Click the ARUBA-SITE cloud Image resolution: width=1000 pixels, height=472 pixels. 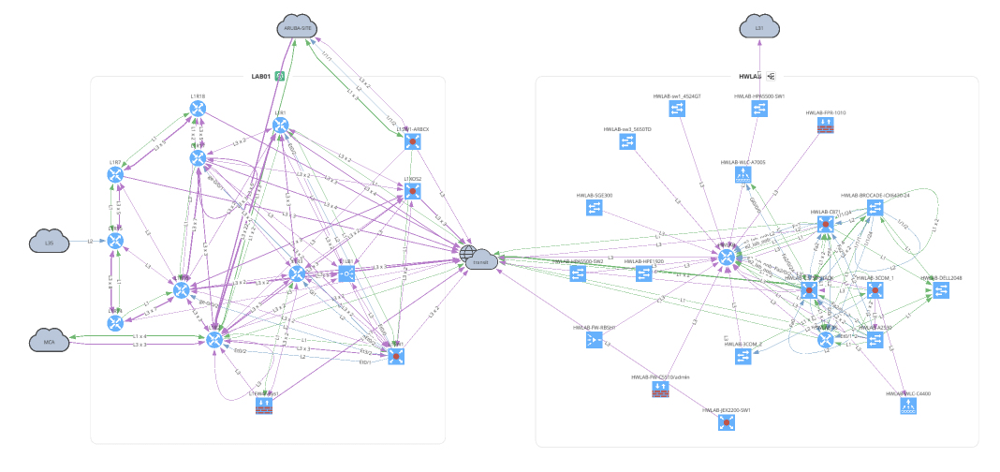[x=299, y=28]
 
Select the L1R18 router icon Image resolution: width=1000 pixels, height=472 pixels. [x=198, y=110]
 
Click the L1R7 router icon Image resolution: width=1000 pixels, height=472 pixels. [x=115, y=176]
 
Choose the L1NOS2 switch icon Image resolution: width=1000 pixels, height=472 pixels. [x=411, y=192]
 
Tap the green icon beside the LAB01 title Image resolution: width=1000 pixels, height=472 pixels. [x=278, y=76]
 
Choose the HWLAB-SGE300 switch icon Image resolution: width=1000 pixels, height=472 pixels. [x=594, y=209]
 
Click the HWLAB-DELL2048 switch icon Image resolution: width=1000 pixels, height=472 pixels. [x=939, y=291]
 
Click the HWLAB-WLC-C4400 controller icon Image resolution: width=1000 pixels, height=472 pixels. [x=907, y=407]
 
